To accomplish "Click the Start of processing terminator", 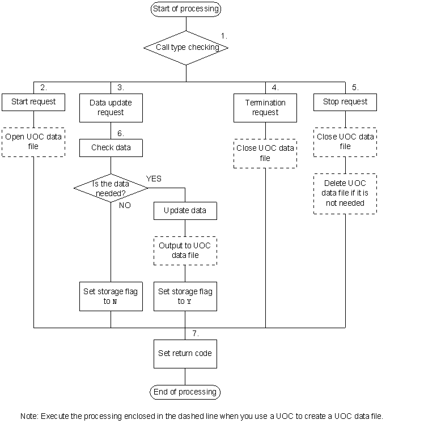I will [185, 9].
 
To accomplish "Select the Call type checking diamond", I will [186, 48].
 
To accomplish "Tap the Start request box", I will [33, 102].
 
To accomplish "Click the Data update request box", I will [111, 108].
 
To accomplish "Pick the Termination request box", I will [265, 108].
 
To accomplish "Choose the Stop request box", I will [345, 102].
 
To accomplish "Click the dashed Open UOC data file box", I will [33, 142].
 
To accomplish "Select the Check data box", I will [111, 148].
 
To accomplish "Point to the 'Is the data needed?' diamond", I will [111, 188].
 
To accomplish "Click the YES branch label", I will [154, 179].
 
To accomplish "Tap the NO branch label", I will [125, 205].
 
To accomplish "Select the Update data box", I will [185, 211].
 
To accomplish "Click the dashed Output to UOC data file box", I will [185, 251].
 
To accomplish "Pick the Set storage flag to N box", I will [111, 296].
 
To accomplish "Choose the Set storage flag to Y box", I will [185, 296].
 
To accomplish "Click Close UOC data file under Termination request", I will [265, 153].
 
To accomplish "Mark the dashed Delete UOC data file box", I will [345, 193].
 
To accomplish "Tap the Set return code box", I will [185, 353].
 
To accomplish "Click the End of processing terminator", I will [185, 392].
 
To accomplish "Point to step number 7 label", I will [196, 333].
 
